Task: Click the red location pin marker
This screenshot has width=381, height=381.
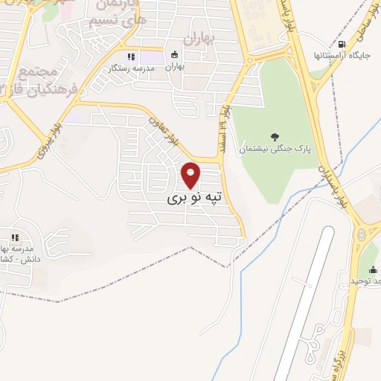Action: [x=191, y=175]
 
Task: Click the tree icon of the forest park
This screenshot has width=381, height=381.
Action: [x=275, y=136]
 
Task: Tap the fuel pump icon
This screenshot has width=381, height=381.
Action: [x=340, y=44]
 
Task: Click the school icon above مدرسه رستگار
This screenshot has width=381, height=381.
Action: [x=130, y=56]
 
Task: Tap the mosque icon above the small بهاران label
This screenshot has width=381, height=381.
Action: [x=175, y=54]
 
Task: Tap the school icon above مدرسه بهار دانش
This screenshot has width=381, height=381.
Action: [x=14, y=237]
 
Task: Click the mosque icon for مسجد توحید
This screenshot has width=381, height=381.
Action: [x=373, y=269]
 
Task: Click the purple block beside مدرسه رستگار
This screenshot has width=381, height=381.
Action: [x=151, y=57]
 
